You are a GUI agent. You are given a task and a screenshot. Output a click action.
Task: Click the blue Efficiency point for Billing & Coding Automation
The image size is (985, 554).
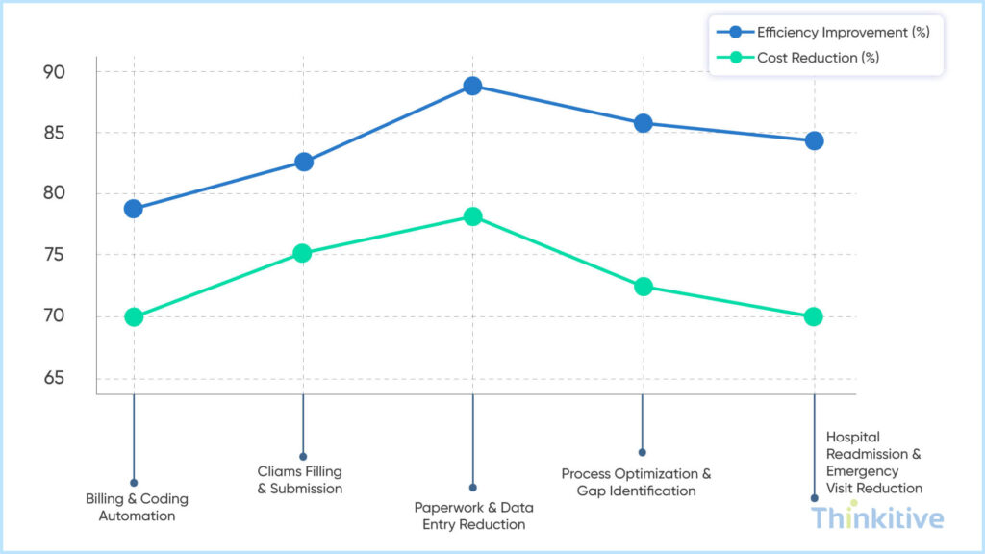click(x=134, y=209)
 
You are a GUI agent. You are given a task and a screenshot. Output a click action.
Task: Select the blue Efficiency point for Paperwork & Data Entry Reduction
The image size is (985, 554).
click(x=472, y=86)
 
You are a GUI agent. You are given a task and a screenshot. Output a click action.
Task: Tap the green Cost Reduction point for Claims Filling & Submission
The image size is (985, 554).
click(x=303, y=254)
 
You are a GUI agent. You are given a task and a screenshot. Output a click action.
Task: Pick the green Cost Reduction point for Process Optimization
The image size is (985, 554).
click(x=643, y=287)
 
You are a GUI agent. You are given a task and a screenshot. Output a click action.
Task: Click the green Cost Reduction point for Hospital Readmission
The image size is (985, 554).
click(x=813, y=316)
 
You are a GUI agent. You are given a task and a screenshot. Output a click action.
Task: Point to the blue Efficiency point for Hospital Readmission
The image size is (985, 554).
click(x=814, y=140)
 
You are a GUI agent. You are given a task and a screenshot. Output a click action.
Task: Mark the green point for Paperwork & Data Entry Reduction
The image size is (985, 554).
click(x=472, y=216)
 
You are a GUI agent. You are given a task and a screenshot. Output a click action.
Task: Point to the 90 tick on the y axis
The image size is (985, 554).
click(x=53, y=72)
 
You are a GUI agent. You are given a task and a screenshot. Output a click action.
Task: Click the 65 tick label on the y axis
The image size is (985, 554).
click(x=53, y=378)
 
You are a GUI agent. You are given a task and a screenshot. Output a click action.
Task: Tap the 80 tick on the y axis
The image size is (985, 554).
click(x=53, y=194)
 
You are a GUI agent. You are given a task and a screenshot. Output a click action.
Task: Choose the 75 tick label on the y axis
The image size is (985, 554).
click(x=53, y=256)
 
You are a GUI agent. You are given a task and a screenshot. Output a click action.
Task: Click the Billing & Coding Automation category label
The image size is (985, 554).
click(x=137, y=508)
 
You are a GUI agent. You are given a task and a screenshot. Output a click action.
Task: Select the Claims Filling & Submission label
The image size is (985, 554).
click(x=299, y=480)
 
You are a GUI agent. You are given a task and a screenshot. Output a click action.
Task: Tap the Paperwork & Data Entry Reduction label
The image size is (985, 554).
click(x=473, y=516)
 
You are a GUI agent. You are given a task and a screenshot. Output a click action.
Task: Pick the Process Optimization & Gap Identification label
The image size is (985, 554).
click(x=636, y=482)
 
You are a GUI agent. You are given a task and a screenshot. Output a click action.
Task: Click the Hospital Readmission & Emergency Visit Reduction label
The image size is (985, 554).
click(x=873, y=463)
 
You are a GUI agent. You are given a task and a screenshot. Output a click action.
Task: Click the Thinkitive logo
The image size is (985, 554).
click(x=876, y=519)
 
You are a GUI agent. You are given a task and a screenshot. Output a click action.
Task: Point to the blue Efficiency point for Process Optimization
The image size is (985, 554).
click(x=643, y=123)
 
